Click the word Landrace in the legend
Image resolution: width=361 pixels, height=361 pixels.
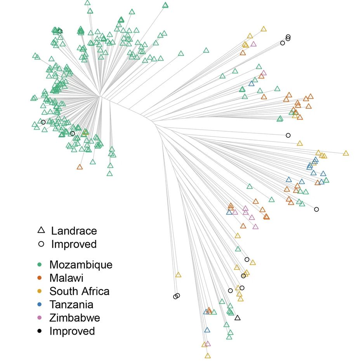tap(74, 231)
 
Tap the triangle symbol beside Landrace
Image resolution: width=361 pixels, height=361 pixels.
tap(41, 230)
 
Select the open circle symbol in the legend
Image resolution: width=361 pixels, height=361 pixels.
tap(41, 244)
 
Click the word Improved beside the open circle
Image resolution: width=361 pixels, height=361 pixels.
tap(74, 244)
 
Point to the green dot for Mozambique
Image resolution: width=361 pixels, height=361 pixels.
tap(39, 265)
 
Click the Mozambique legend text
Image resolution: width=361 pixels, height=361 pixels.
tap(81, 265)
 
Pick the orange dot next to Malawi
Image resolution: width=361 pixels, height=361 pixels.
tap(39, 278)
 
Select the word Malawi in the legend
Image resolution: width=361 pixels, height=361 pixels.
tap(66, 278)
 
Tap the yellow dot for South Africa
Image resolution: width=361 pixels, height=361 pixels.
tap(39, 292)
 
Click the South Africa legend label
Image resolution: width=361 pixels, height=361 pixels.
tap(79, 292)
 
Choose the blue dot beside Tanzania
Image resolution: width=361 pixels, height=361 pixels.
tap(39, 305)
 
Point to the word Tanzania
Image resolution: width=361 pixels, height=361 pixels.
tap(71, 305)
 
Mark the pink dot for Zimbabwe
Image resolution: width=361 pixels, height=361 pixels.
tap(39, 318)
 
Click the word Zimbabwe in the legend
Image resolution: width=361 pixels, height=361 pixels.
tap(75, 318)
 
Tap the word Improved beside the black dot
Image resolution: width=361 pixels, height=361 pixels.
tap(72, 331)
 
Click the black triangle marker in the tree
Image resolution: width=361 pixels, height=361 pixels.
tap(238, 318)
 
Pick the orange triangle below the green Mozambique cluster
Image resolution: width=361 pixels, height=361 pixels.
tap(80, 167)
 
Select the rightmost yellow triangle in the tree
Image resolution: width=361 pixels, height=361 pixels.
tap(345, 153)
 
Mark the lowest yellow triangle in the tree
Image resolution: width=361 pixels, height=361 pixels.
tap(208, 356)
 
